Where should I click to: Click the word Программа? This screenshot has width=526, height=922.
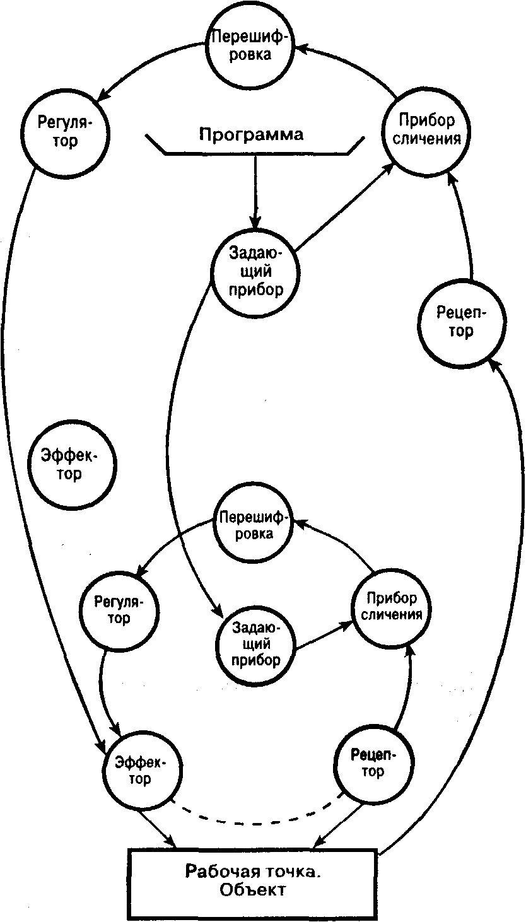pyautogui.click(x=251, y=134)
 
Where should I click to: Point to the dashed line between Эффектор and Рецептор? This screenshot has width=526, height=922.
pyautogui.click(x=255, y=820)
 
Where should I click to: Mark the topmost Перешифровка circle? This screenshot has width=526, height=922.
pyautogui.click(x=250, y=47)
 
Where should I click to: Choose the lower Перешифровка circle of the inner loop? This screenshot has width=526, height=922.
pyautogui.click(x=255, y=525)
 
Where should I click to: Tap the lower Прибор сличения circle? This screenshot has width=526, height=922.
pyautogui.click(x=393, y=607)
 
